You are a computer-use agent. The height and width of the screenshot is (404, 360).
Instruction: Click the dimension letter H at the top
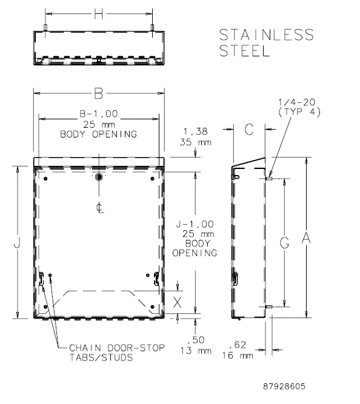click(x=99, y=15)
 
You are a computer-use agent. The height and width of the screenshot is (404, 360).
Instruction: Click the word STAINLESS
click(x=267, y=35)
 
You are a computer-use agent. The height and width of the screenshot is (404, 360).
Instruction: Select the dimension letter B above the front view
click(x=98, y=93)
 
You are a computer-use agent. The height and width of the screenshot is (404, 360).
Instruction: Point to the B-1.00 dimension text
click(x=98, y=113)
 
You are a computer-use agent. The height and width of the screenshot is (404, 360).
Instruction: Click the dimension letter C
click(x=248, y=128)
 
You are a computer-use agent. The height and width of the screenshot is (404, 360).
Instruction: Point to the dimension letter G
click(x=284, y=242)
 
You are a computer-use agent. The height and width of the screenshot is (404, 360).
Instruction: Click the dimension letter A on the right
click(x=307, y=239)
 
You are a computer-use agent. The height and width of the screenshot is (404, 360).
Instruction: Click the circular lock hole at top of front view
click(x=99, y=177)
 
